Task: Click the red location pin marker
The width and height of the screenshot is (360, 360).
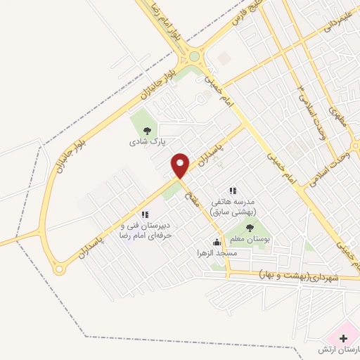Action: (x=181, y=165)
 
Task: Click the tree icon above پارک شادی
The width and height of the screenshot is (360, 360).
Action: (x=146, y=130)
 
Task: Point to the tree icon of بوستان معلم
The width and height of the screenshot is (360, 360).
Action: (x=250, y=227)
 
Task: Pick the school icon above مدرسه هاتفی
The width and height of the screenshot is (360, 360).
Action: (x=232, y=191)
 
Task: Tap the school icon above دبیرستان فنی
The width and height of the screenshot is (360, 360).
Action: (x=145, y=214)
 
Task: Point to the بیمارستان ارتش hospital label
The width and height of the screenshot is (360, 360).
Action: (x=340, y=349)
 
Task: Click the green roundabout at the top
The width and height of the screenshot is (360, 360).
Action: (x=194, y=56)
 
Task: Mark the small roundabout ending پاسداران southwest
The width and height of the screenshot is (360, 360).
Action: (x=59, y=267)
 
